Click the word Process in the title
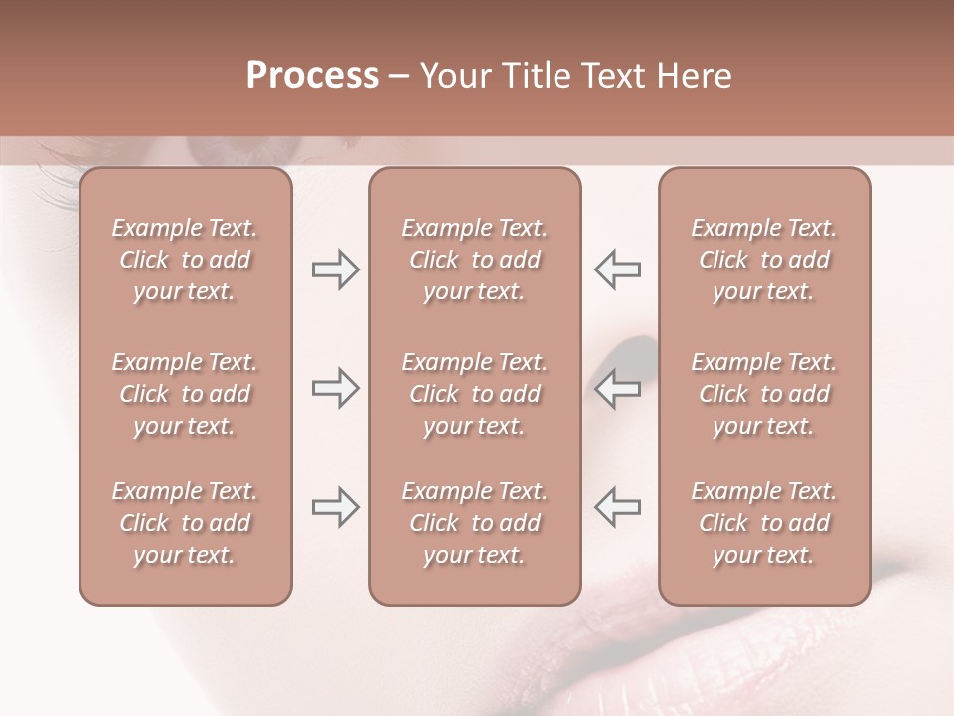click(312, 76)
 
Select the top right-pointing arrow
click(335, 269)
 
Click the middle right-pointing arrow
click(335, 388)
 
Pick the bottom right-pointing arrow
click(335, 507)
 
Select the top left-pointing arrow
click(618, 269)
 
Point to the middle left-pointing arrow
click(618, 388)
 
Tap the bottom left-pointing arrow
click(618, 507)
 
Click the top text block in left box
click(185, 260)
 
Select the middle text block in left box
click(185, 394)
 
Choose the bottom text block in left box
click(185, 523)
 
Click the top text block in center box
click(474, 260)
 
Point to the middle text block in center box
click(474, 394)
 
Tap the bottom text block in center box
click(474, 523)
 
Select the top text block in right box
click(764, 260)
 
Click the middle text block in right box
click(764, 394)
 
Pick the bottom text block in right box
click(764, 523)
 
